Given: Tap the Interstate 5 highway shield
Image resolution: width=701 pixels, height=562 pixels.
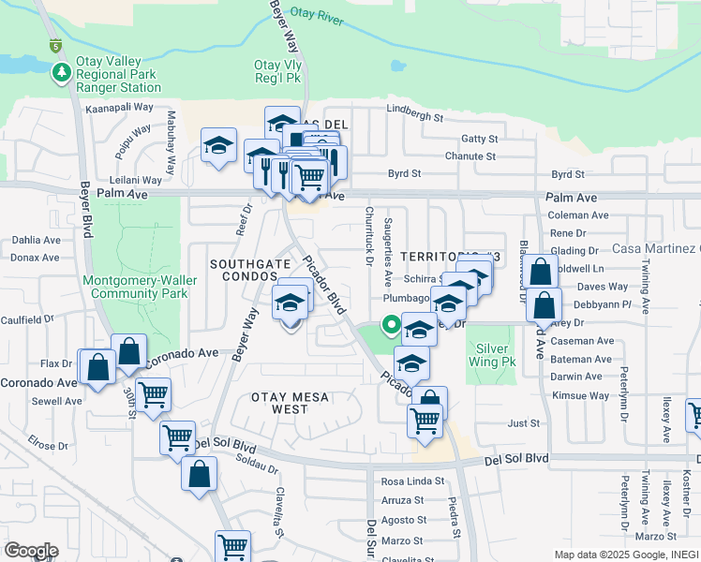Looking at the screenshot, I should (55, 45).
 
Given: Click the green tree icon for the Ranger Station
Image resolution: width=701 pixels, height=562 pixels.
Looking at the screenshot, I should (62, 72).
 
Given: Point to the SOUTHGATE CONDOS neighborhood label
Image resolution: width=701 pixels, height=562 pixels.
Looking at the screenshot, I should (249, 270).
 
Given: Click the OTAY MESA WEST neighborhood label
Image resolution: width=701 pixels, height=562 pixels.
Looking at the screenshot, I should (290, 403).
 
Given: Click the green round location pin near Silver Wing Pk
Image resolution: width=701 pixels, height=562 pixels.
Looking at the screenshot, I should (391, 324).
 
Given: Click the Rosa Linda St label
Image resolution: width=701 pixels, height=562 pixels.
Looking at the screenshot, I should (411, 481).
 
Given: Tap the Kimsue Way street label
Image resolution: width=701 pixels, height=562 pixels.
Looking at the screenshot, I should (580, 395).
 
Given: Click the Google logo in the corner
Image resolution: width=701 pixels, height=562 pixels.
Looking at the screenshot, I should (30, 550).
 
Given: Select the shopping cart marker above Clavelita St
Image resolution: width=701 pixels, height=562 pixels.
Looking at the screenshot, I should (231, 544).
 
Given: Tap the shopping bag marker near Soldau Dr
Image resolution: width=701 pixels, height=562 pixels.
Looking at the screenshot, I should (200, 472).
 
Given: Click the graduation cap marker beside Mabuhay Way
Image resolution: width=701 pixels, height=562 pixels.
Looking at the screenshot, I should (218, 146).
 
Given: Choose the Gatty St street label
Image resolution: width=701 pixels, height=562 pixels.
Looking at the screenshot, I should (478, 139).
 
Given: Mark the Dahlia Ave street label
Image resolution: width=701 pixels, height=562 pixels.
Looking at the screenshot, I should (36, 240).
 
